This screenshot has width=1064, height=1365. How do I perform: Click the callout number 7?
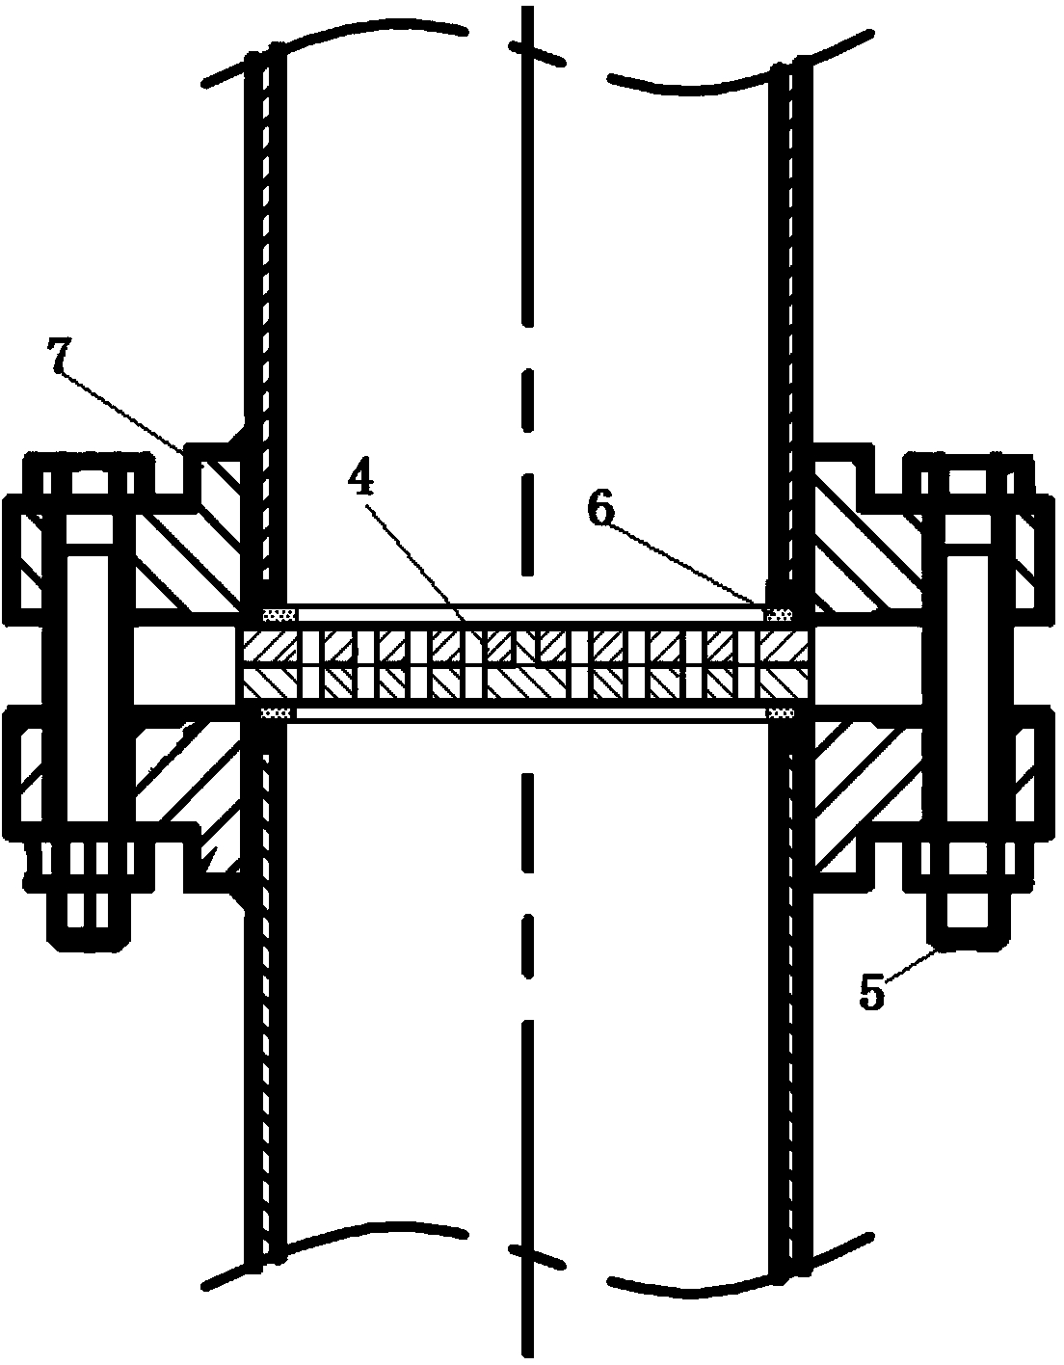(59, 356)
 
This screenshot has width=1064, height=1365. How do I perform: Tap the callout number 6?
(600, 510)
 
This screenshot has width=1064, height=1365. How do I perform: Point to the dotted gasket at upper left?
(279, 613)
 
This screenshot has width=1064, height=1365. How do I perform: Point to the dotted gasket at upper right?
(779, 613)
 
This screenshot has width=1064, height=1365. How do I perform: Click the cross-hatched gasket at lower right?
(781, 713)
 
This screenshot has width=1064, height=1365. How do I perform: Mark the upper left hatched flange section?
(187, 552)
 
